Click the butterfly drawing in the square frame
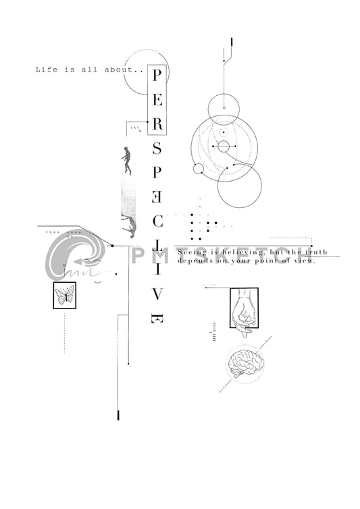[x=65, y=295]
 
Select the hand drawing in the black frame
[x=244, y=308]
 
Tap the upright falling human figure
[x=126, y=159]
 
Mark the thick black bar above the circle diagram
[x=232, y=42]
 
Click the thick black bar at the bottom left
[x=119, y=414]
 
